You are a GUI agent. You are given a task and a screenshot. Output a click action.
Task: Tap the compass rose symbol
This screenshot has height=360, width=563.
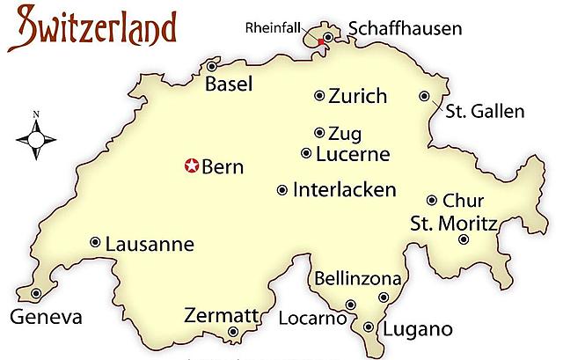[36, 137]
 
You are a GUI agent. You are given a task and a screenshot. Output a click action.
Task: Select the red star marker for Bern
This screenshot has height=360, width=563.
[191, 165]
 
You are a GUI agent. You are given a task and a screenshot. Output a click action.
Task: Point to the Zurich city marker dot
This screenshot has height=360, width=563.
[320, 96]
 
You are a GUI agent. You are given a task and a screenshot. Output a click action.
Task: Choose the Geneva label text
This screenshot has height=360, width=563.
[45, 317]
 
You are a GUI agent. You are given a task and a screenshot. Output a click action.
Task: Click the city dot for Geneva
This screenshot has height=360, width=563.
[36, 293]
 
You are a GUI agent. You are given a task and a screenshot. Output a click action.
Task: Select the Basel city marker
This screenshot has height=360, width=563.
[212, 66]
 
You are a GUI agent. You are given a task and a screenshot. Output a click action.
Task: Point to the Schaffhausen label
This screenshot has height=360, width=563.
[404, 29]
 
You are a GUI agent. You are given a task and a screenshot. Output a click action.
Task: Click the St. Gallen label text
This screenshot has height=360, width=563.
[485, 112]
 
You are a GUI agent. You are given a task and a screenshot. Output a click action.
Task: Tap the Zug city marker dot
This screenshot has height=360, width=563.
[319, 133]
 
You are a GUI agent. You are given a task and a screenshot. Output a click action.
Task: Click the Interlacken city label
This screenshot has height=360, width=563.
[345, 189]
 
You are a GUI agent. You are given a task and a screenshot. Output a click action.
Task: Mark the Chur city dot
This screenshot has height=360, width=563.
[432, 200]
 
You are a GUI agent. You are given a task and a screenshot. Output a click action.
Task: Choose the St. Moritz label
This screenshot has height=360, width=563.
[454, 224]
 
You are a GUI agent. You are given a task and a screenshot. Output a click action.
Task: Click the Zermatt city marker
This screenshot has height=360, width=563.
[233, 332]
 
